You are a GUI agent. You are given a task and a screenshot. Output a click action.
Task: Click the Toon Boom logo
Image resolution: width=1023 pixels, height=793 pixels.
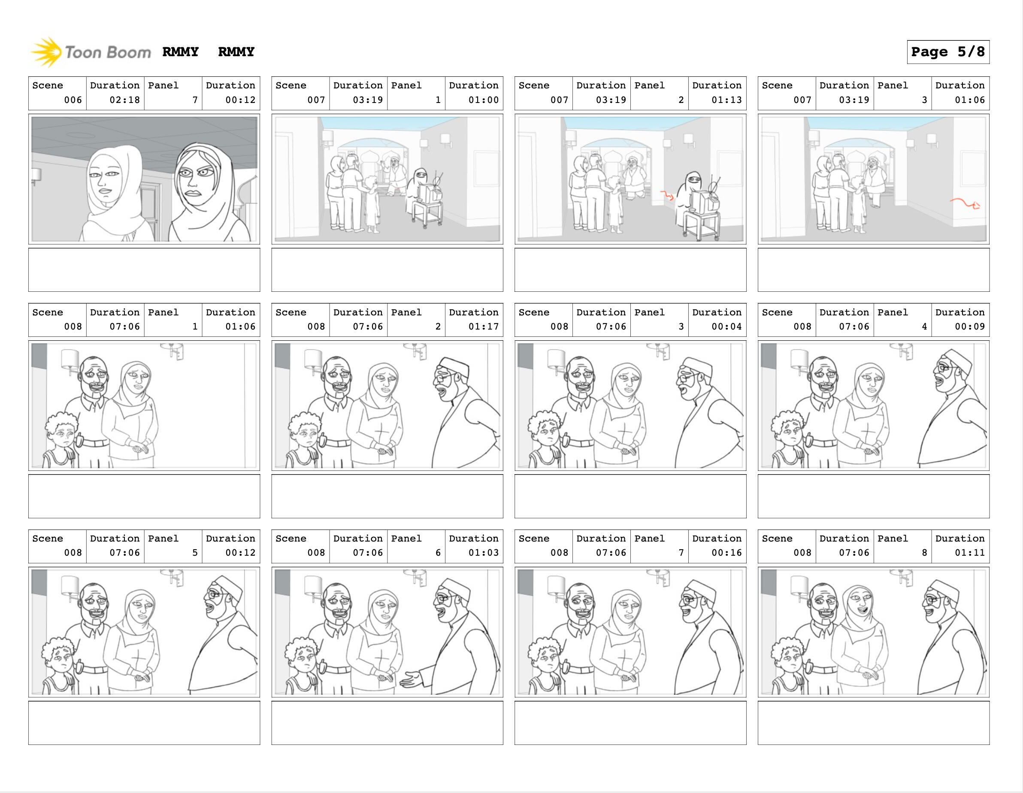click(x=91, y=51)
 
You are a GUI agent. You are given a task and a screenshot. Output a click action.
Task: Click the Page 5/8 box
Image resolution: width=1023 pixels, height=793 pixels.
click(x=948, y=51)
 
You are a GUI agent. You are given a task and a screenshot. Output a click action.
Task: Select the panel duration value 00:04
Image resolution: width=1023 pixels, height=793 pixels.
click(x=726, y=327)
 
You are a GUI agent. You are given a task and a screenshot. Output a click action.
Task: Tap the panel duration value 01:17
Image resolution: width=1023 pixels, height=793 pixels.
click(x=484, y=327)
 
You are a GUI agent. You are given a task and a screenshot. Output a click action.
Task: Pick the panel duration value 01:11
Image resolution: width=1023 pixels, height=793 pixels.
click(x=970, y=553)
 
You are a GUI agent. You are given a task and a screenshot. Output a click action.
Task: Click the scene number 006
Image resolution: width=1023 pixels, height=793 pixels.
click(x=73, y=100)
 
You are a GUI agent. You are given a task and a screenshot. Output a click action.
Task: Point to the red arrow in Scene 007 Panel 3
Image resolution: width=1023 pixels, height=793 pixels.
click(x=965, y=203)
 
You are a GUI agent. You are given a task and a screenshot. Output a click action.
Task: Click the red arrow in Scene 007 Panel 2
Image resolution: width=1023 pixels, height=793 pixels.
click(x=667, y=195)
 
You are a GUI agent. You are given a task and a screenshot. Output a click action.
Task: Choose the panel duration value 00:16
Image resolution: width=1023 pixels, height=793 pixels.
click(x=726, y=553)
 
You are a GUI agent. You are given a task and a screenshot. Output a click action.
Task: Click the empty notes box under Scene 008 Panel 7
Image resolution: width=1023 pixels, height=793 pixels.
click(x=630, y=723)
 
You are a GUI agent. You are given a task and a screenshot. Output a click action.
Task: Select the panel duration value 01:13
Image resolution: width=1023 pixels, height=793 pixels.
click(x=726, y=100)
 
